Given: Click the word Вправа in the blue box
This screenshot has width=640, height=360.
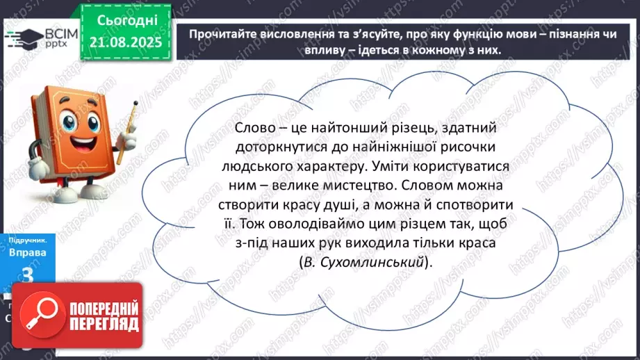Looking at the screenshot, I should (x=27, y=253).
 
